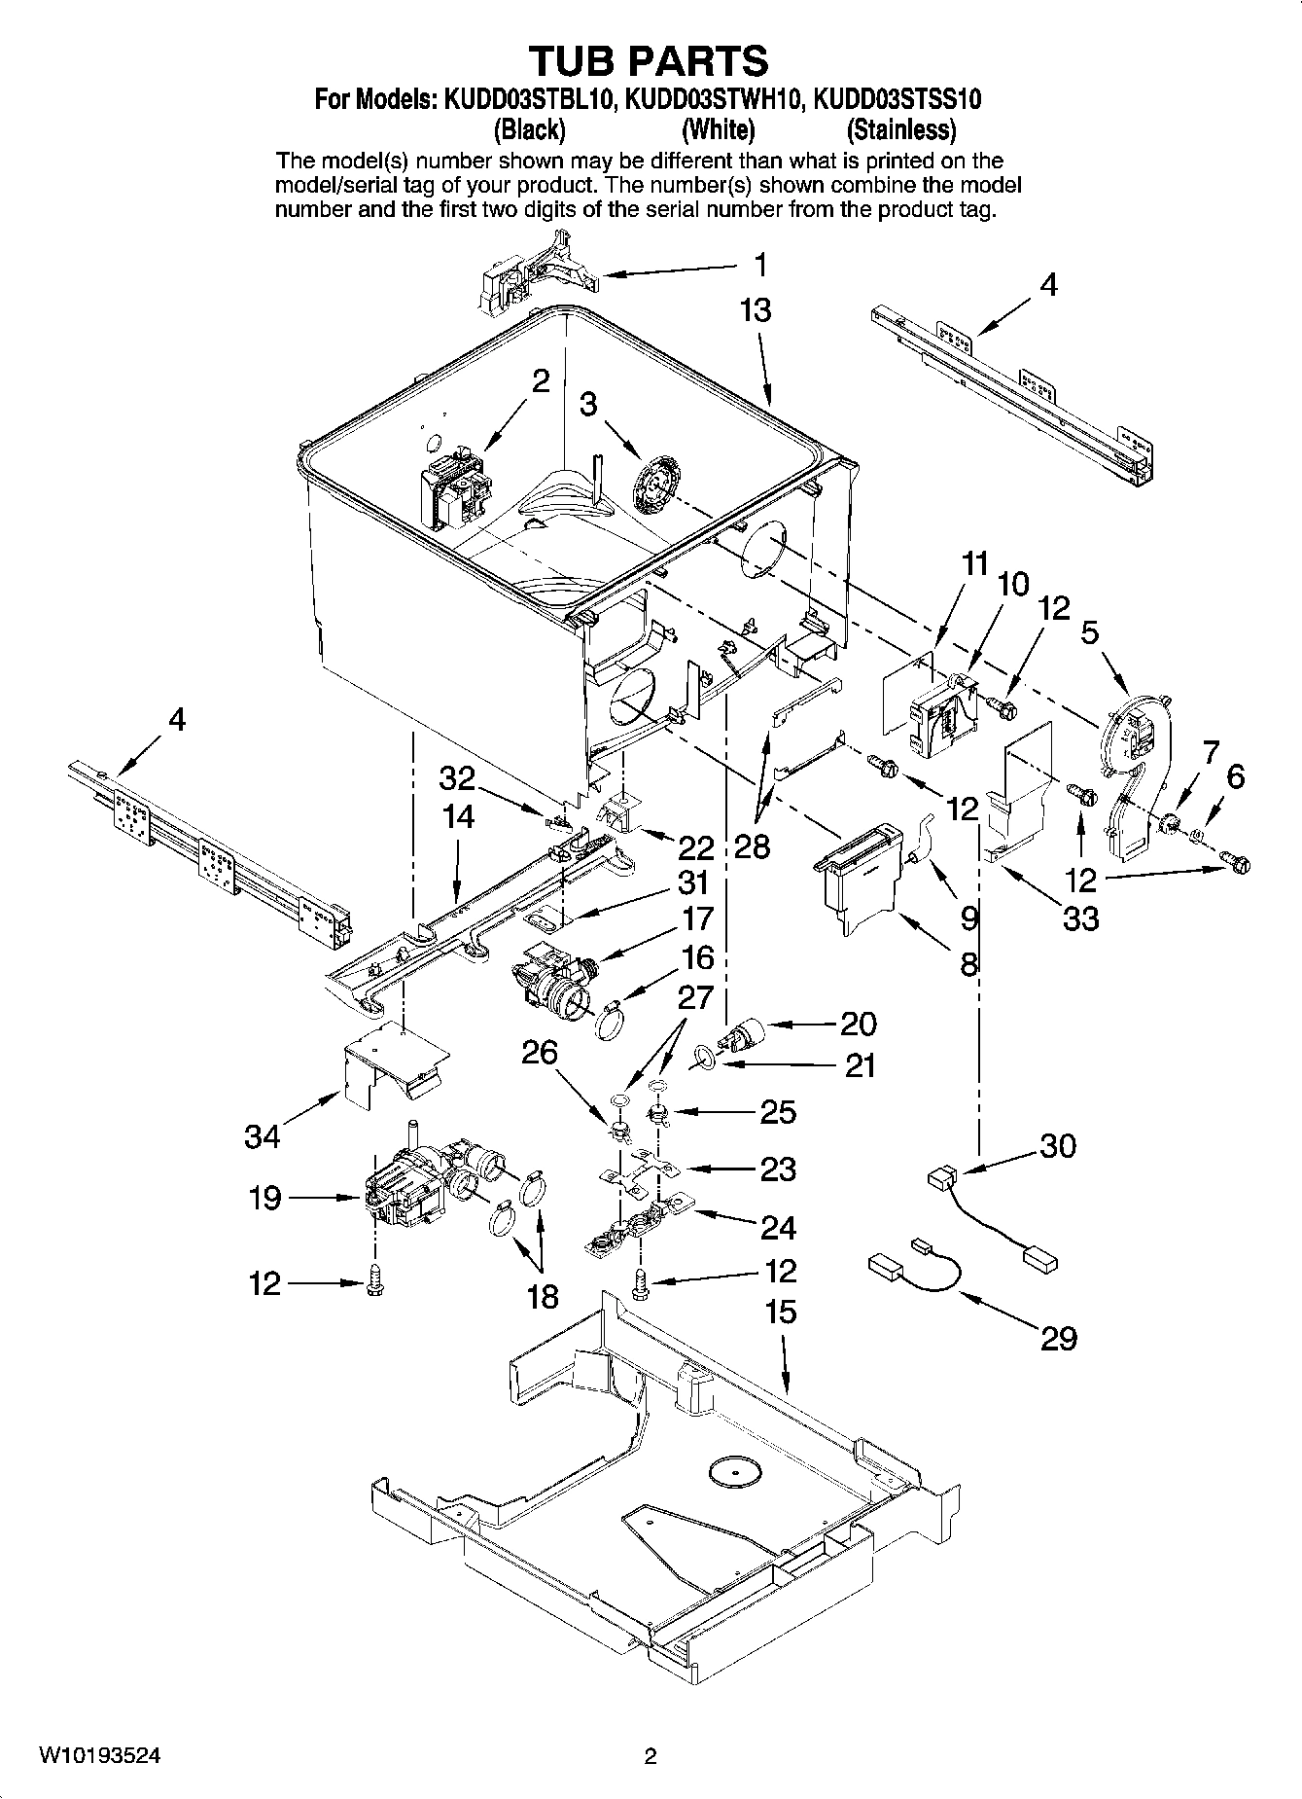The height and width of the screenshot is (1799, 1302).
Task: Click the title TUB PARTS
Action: (x=649, y=60)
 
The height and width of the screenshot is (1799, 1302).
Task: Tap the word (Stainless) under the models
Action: (x=900, y=129)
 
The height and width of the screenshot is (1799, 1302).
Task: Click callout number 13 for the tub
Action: (x=755, y=310)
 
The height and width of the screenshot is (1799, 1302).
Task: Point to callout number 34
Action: (x=263, y=1135)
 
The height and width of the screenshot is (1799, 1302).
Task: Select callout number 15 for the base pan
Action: (x=780, y=1313)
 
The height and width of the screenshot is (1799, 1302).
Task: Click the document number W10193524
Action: (x=99, y=1756)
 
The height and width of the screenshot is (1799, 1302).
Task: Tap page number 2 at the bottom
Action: (x=650, y=1756)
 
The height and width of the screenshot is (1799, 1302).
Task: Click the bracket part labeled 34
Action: (x=394, y=1065)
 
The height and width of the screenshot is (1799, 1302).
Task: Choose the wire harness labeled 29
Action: (x=914, y=1270)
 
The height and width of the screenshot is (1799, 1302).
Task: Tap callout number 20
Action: (x=859, y=1024)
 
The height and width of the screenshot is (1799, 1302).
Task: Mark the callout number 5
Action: (x=1090, y=633)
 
